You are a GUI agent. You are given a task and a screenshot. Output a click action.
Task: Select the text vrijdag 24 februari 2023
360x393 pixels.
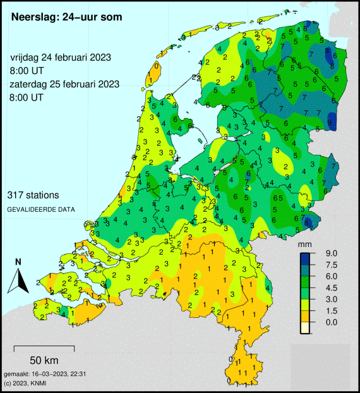coord(61,57)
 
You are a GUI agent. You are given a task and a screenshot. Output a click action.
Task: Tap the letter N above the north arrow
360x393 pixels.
coord(18,262)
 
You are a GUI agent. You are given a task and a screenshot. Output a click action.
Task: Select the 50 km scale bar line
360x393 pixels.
coord(44,348)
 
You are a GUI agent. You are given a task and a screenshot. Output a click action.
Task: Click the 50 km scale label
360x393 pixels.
coord(44,360)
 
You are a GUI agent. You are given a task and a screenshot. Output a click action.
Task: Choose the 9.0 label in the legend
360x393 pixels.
coord(332,253)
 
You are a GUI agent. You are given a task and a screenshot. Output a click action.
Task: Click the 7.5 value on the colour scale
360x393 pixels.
coord(332,265)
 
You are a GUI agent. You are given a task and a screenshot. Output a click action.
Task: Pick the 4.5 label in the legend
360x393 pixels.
coord(332,287)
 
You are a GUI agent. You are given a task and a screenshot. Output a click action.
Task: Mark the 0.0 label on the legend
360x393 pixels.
coord(332,322)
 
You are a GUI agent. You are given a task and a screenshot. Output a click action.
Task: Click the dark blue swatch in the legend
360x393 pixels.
coord(306,258)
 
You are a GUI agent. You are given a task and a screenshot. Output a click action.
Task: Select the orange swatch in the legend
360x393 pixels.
coord(306,315)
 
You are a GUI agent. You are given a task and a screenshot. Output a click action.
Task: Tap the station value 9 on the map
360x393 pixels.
coord(330,121)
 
